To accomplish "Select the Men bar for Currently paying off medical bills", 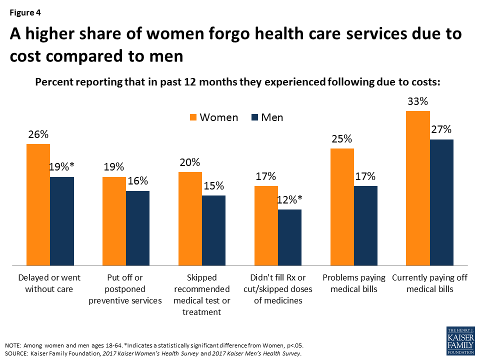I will [x=441, y=202].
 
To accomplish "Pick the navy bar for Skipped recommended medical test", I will [x=213, y=230].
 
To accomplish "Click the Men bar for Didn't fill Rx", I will [x=289, y=237].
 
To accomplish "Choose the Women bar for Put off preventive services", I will [x=114, y=220].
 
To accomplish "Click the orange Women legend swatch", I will [x=193, y=118].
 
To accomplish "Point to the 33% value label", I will [x=417, y=101].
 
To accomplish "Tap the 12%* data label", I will [x=290, y=200].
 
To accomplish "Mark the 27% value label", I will [x=441, y=130].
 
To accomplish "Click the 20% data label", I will [x=189, y=162].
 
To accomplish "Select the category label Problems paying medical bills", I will [x=353, y=283].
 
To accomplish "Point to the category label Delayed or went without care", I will [x=49, y=283].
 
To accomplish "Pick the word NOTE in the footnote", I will [x=14, y=345].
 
